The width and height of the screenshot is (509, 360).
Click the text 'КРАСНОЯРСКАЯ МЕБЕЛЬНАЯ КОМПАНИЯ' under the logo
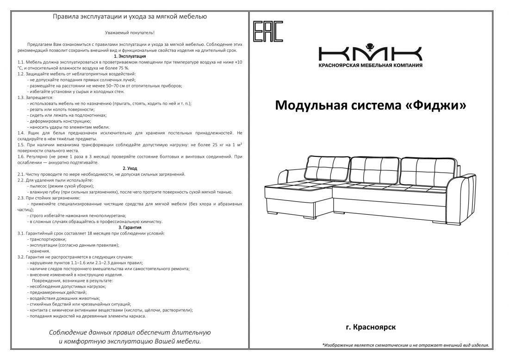click(370, 65)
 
